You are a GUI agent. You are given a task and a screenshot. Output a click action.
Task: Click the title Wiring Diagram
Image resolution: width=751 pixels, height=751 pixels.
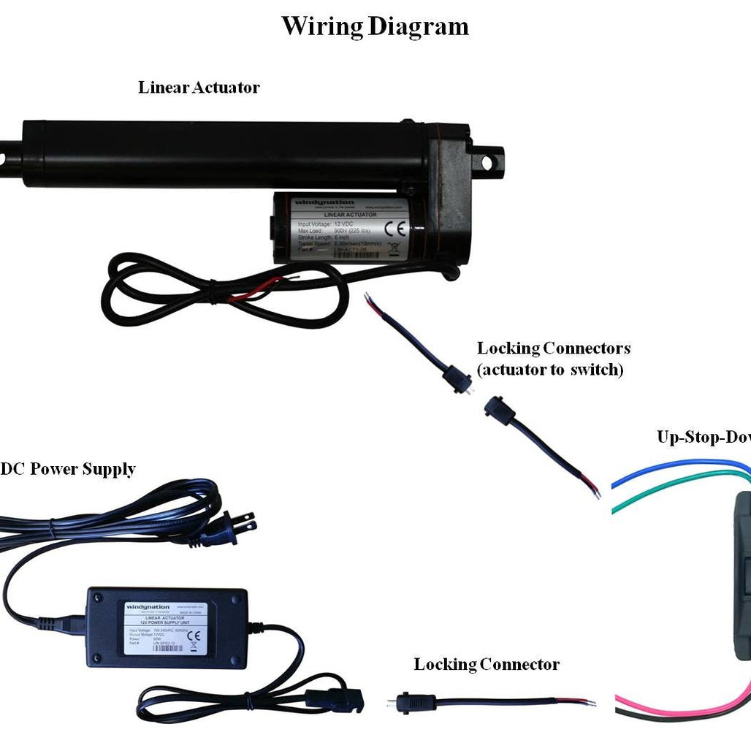pos(375,27)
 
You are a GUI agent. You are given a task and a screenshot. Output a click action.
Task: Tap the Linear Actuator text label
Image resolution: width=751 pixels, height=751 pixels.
pos(199,88)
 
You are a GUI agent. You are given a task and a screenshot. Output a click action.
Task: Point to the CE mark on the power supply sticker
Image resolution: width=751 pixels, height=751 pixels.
pos(194,636)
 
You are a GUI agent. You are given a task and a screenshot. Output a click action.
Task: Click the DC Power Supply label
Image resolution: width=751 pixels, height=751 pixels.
pos(67,469)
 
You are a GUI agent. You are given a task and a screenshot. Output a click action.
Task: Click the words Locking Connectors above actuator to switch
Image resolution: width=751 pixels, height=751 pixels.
pos(553,348)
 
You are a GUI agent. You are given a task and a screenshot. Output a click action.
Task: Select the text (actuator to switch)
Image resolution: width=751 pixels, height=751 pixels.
pos(550,370)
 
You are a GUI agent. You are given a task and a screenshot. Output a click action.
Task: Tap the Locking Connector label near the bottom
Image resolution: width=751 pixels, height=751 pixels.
pos(487,665)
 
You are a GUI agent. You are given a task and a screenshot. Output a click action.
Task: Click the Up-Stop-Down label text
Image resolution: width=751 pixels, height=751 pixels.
pos(704,438)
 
